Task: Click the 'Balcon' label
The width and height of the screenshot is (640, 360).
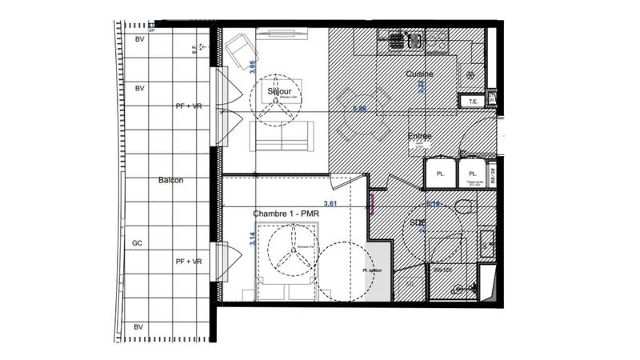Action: point(170,180)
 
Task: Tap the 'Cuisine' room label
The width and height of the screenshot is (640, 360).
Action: point(419,74)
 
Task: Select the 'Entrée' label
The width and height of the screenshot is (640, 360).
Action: point(419,136)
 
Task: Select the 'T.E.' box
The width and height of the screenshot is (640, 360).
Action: point(473,101)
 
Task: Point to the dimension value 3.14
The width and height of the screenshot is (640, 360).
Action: point(253,239)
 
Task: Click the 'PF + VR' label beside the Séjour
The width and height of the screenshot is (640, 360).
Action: point(189,106)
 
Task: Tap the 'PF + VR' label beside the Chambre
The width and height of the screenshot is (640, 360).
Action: point(189,261)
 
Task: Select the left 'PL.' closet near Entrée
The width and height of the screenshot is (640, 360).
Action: point(440,174)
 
